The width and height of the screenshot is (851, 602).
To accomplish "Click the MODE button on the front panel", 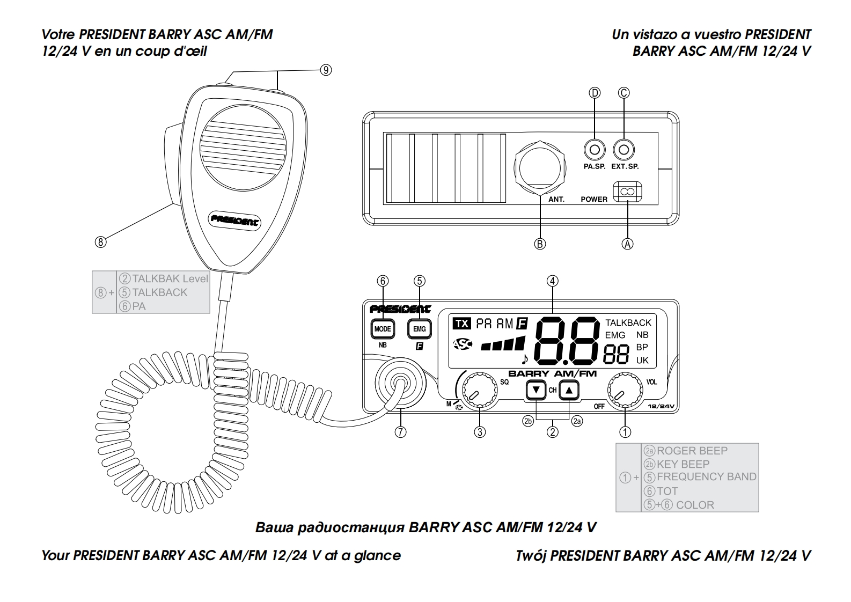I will (383, 329).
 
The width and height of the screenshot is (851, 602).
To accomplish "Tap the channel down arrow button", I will (536, 390).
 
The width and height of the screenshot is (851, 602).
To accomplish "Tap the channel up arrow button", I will (569, 390).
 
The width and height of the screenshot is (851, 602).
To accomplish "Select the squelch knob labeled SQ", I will (479, 392).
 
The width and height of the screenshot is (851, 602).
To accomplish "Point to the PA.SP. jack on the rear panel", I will (595, 149).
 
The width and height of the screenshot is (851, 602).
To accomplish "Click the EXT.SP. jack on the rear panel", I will (624, 149).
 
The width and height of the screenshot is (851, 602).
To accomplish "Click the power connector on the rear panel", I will (627, 192).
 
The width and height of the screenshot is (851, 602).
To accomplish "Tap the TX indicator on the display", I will (461, 324).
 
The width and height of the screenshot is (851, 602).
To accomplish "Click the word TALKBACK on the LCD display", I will (628, 322).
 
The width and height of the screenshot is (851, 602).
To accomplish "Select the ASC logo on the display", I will (462, 344).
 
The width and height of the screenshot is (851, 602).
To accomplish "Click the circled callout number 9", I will (326, 70).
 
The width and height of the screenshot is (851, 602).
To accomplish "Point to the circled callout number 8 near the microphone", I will (100, 242).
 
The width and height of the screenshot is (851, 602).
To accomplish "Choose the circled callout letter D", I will (595, 93).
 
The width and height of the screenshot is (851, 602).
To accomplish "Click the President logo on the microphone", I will (234, 219).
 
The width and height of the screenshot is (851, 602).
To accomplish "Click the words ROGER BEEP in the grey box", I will (692, 451).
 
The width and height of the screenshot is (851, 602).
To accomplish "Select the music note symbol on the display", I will (524, 358).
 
